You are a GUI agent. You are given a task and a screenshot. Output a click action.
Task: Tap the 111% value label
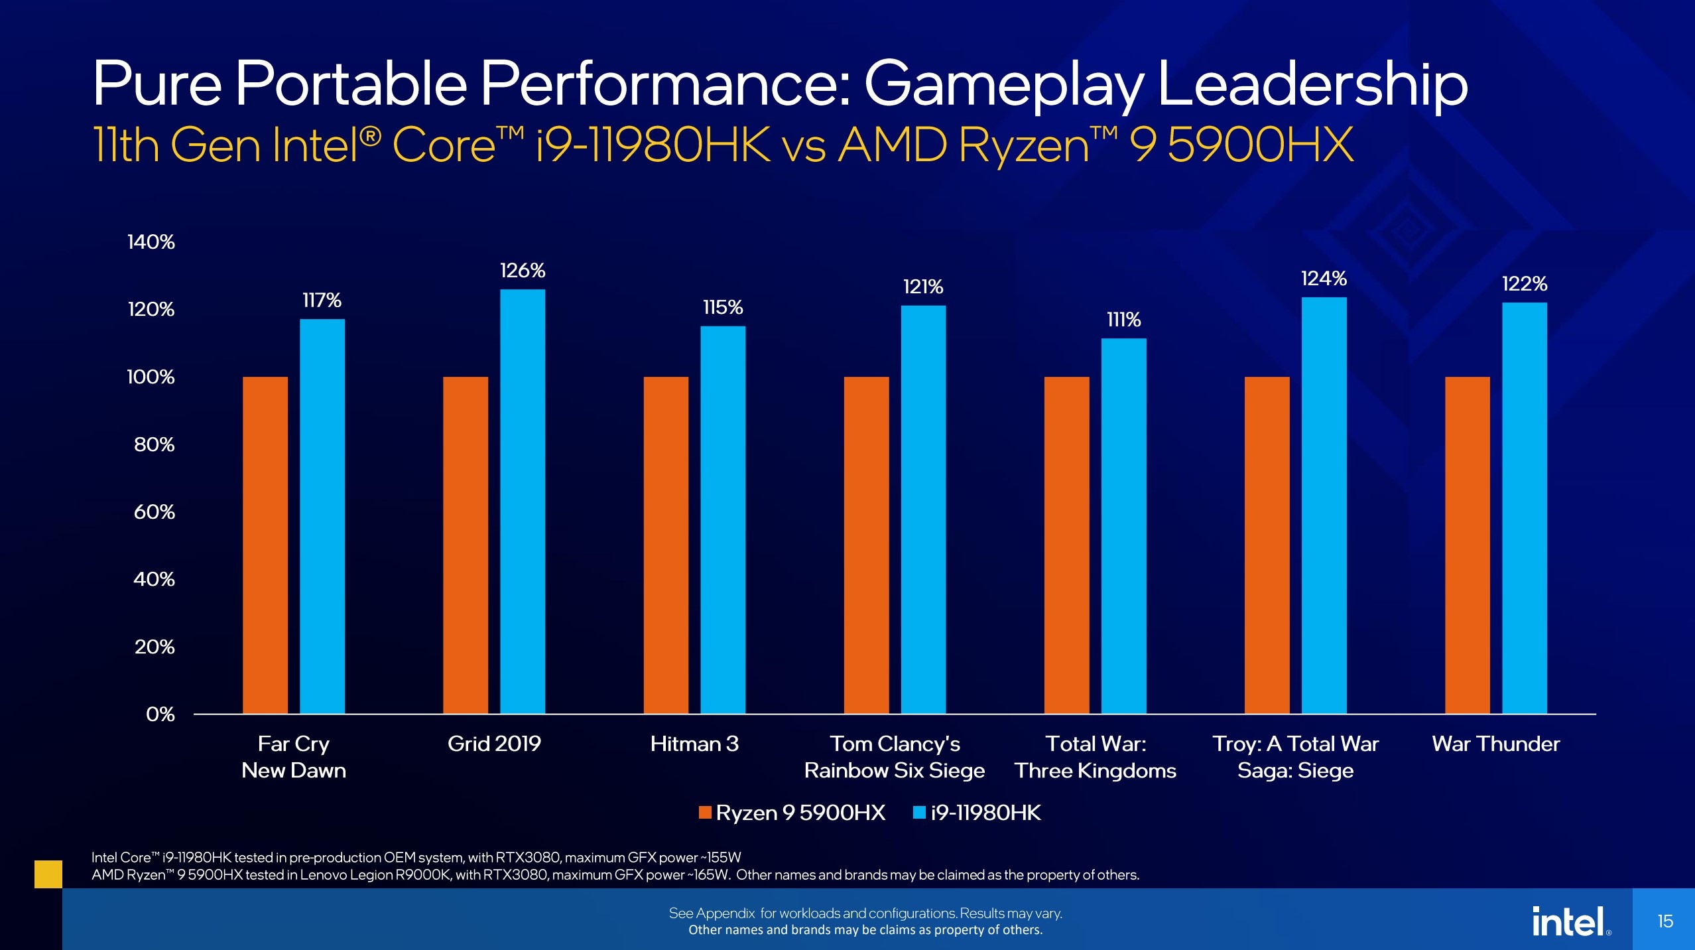pos(1123,320)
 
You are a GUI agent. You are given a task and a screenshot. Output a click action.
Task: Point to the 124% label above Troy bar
pos(1324,279)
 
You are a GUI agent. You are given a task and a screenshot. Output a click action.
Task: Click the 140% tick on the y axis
pos(151,242)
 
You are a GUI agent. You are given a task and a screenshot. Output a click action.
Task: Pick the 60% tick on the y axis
pos(154,512)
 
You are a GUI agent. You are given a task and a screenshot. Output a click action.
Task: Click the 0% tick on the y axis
pos(160,714)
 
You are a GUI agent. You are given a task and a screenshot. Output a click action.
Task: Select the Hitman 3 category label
pos(694,744)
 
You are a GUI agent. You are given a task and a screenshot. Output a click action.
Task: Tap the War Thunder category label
pos(1495,744)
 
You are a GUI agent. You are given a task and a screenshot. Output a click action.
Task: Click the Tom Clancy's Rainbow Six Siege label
pos(895,757)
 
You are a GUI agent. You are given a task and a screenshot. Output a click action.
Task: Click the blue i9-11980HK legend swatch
pos(919,813)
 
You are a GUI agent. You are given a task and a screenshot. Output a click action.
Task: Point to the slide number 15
pos(1665,921)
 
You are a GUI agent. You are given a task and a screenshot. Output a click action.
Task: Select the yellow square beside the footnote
pos(48,874)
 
